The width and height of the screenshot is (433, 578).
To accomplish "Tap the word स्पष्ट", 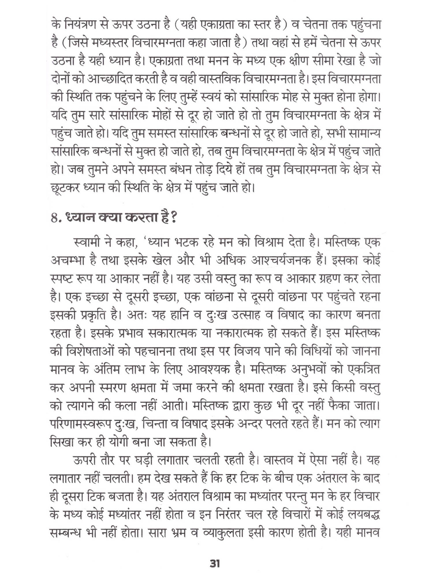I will [61, 279].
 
